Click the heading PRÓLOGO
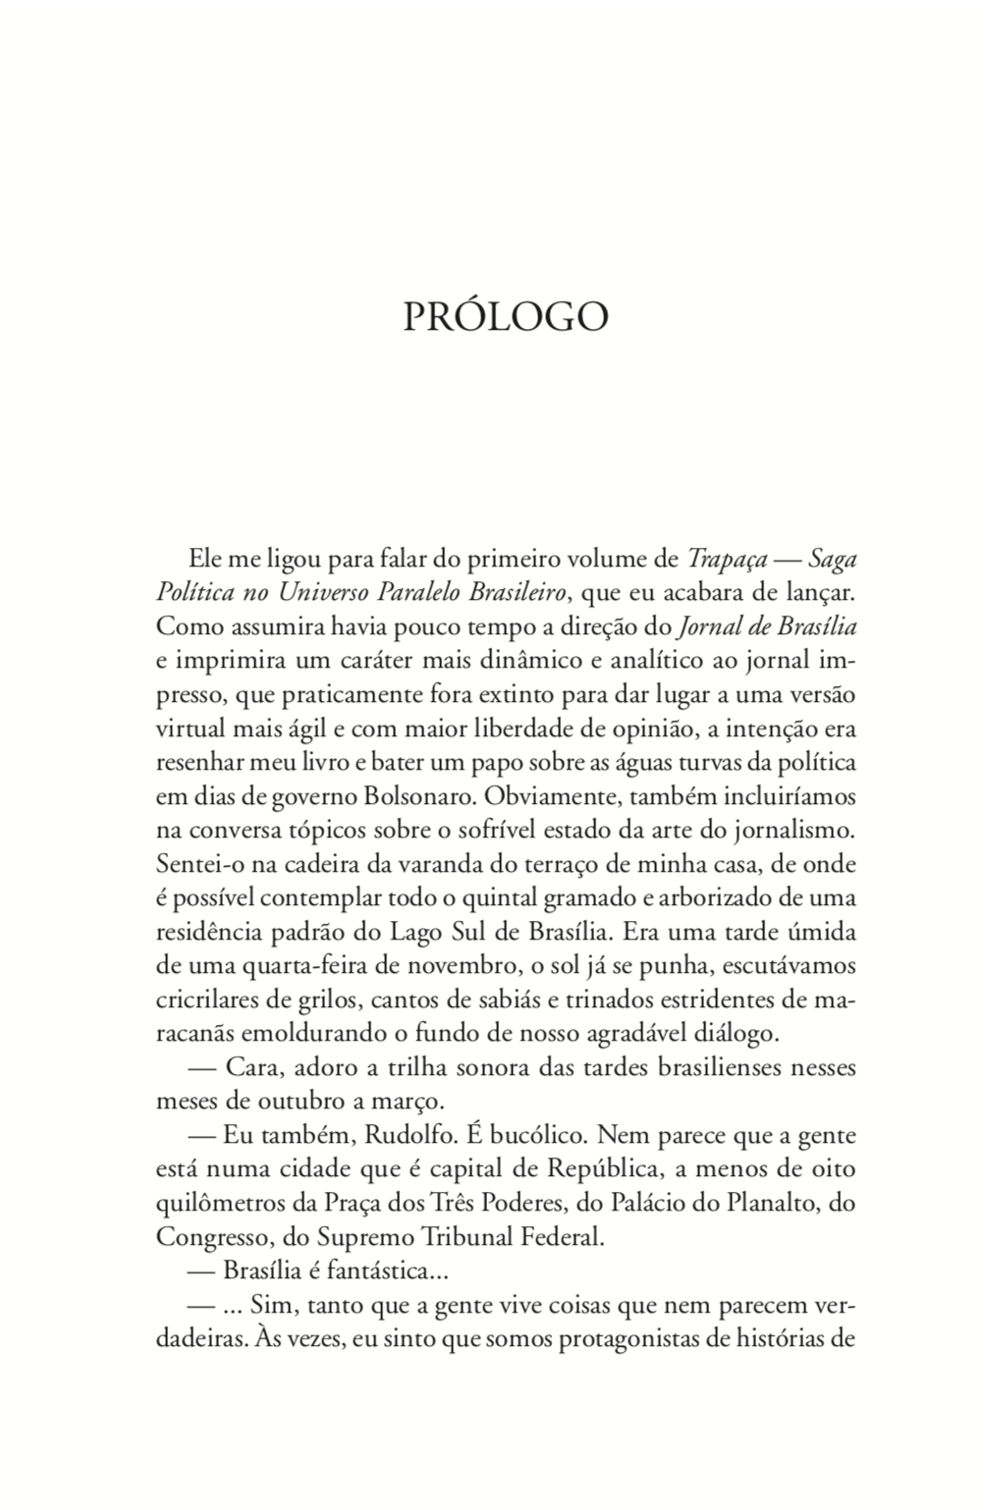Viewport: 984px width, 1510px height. point(506,317)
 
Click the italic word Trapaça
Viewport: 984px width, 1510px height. point(727,560)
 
